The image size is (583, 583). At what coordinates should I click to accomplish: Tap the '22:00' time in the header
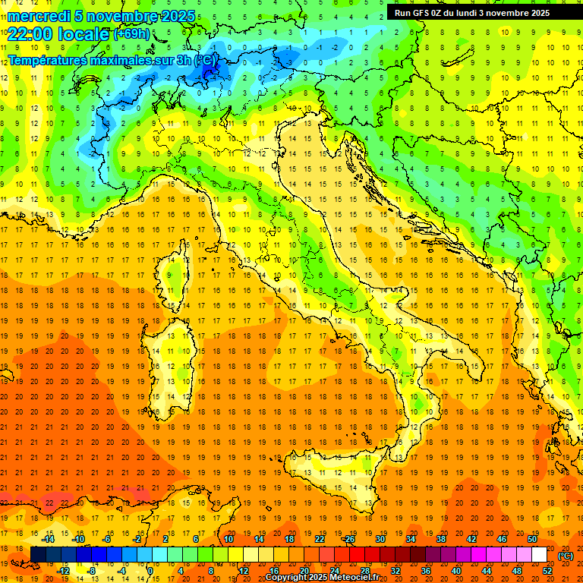[x=30, y=34]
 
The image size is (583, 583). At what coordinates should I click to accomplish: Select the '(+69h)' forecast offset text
[x=131, y=34]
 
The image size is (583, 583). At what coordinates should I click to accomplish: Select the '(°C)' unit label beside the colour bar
[x=566, y=556]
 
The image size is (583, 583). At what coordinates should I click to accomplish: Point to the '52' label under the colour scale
[x=547, y=571]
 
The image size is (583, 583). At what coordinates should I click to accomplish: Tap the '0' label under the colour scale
[x=150, y=571]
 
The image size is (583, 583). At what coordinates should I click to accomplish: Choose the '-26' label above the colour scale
[x=348, y=539]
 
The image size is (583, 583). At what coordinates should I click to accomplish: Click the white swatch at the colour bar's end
[x=539, y=555]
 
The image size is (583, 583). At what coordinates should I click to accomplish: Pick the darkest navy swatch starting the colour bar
[x=38, y=555]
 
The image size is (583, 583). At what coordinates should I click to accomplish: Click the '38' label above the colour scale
[x=440, y=539]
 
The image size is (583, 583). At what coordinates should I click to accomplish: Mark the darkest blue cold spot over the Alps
[x=211, y=70]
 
